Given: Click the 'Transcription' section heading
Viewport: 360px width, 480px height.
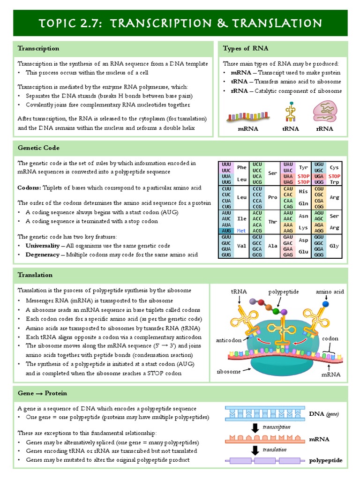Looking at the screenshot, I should pyautogui.click(x=38, y=48).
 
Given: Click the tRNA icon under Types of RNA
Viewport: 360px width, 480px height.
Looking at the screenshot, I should pyautogui.click(x=291, y=113).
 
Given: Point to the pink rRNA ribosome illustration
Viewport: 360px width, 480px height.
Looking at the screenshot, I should pyautogui.click(x=324, y=113).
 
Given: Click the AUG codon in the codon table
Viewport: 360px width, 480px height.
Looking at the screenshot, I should pyautogui.click(x=226, y=231).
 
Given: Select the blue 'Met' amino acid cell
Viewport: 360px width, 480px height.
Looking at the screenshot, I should pyautogui.click(x=241, y=231).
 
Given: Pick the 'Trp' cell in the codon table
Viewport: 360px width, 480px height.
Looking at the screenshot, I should pyautogui.click(x=334, y=182).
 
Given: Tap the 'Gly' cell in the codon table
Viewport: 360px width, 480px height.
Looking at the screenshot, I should pyautogui.click(x=334, y=246).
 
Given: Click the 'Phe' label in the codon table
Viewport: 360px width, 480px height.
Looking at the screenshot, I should pyautogui.click(x=241, y=167).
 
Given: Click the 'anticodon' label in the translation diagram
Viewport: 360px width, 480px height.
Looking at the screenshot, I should pyautogui.click(x=229, y=340).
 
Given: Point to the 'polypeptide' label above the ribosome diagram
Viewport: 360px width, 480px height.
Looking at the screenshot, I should pyautogui.click(x=283, y=292).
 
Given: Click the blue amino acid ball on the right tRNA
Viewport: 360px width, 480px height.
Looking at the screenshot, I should pyautogui.click(x=325, y=304).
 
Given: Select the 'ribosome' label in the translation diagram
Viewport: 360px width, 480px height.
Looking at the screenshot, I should pyautogui.click(x=229, y=371).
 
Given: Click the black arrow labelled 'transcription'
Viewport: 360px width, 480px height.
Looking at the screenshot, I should pyautogui.click(x=255, y=427).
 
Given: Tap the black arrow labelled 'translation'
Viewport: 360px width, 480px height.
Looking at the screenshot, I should pyautogui.click(x=255, y=450).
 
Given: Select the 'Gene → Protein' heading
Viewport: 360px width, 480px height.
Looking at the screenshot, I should pyautogui.click(x=42, y=392).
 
